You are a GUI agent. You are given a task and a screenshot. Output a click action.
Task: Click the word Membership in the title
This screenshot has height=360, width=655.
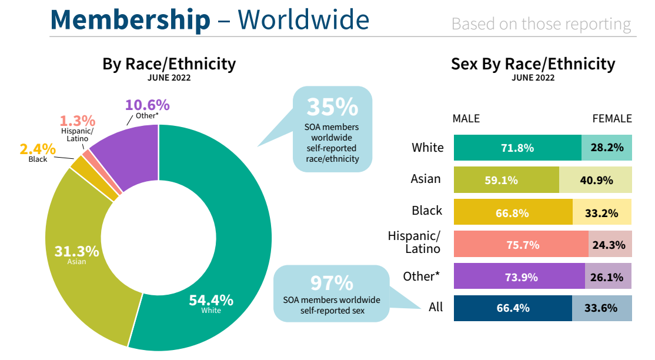[x=130, y=19]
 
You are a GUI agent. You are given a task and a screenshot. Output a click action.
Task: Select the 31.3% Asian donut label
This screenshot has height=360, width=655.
[x=76, y=254]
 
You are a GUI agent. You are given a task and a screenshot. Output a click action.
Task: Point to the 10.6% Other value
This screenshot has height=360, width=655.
[x=147, y=105]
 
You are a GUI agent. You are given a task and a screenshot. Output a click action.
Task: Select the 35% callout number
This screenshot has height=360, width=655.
[x=332, y=108]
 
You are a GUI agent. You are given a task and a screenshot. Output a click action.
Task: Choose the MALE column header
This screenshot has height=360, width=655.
[x=466, y=119]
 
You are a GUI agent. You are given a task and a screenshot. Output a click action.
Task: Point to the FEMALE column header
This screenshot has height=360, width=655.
[x=611, y=119]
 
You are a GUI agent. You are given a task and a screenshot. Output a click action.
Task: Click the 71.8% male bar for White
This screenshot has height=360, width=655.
[x=517, y=148]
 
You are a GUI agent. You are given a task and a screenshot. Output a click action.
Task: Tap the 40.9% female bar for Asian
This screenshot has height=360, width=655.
[x=595, y=180]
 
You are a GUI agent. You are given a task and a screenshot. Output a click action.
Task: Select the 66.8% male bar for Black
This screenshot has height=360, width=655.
[x=513, y=212]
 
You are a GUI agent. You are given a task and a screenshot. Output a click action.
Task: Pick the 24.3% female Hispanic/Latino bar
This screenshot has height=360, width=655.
[x=610, y=245]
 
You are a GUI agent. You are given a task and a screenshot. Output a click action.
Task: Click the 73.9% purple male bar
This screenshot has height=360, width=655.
[x=519, y=276]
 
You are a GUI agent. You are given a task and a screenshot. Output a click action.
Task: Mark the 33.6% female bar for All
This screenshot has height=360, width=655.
[x=601, y=308]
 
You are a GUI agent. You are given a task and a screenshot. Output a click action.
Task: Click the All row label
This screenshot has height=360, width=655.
[x=435, y=307]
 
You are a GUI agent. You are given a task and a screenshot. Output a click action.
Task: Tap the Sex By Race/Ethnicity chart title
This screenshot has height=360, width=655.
[x=533, y=64]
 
